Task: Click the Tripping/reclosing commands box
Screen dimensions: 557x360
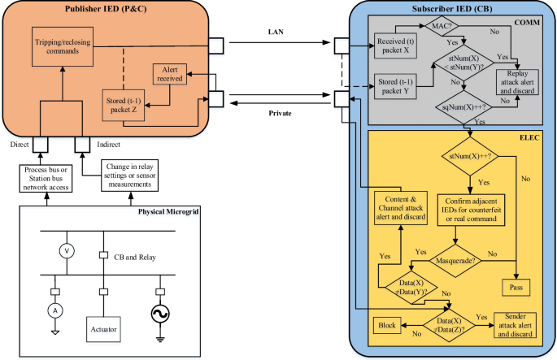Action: [63, 46]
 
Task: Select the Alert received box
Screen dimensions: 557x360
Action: [170, 74]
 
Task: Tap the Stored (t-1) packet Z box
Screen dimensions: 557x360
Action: [124, 105]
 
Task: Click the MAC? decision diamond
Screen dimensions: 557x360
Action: [442, 25]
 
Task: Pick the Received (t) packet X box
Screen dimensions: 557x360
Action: [395, 46]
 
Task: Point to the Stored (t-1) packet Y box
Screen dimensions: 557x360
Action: [395, 86]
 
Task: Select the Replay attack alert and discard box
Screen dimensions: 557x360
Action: [517, 82]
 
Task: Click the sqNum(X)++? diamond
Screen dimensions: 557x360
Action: [464, 107]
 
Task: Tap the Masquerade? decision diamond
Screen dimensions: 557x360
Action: [455, 261]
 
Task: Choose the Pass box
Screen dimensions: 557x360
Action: [516, 287]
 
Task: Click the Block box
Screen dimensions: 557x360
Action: [387, 325]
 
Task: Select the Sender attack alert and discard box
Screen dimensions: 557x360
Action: [515, 325]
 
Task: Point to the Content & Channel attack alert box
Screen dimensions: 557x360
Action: [401, 208]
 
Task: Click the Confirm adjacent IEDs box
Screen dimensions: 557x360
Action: [471, 210]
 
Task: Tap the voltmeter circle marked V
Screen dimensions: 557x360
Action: [67, 251]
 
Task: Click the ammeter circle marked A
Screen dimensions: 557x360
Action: [55, 311]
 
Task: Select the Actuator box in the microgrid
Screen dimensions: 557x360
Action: [103, 329]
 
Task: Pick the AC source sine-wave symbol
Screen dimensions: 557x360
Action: [160, 314]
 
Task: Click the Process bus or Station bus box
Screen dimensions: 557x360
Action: [46, 179]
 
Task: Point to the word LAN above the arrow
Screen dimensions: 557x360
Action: [276, 32]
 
